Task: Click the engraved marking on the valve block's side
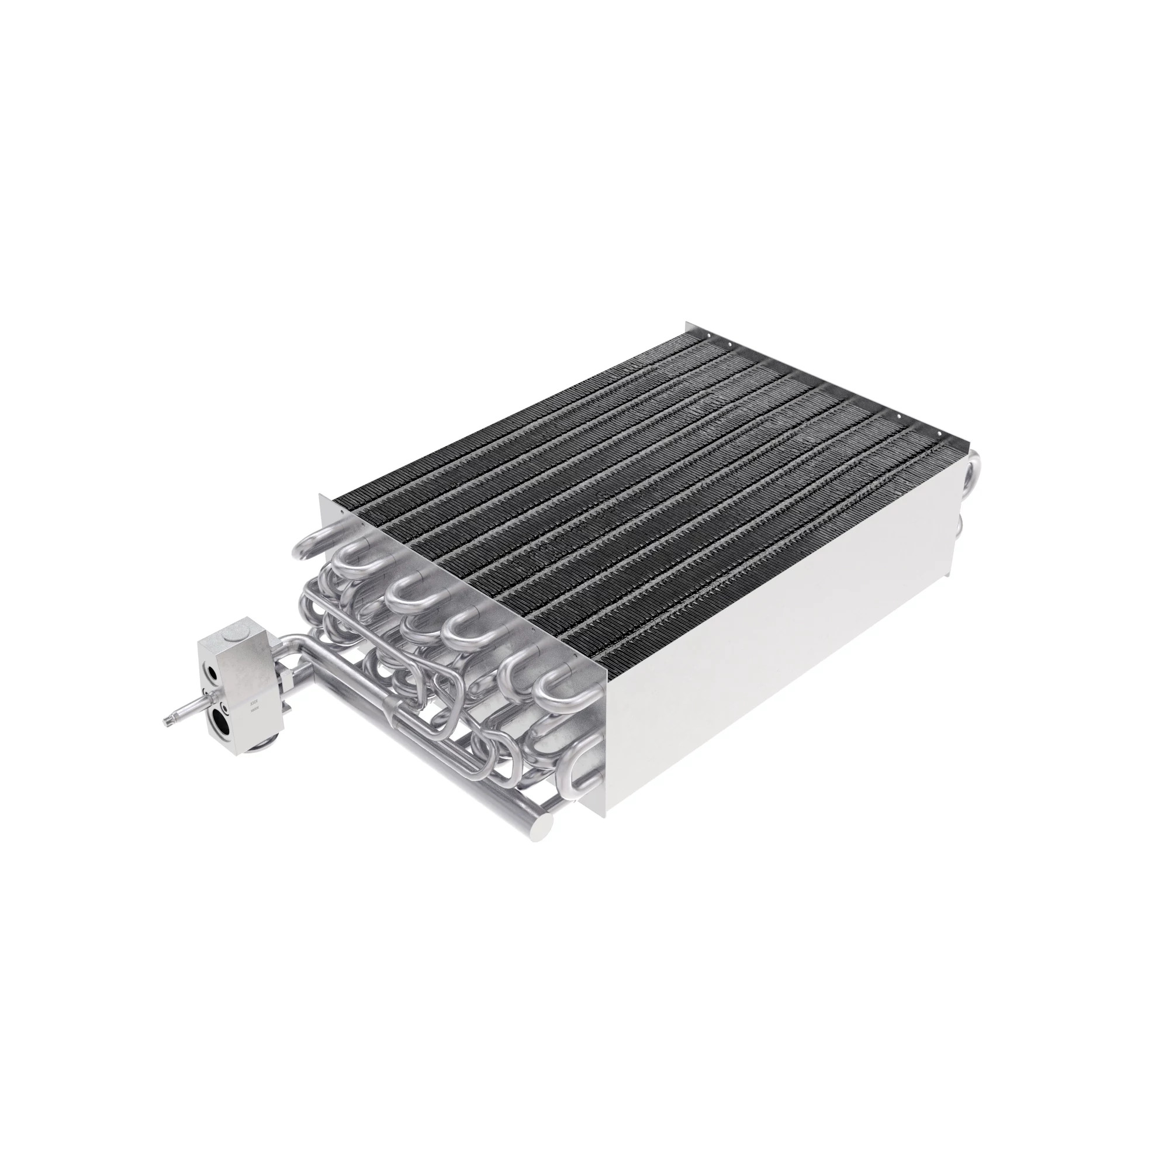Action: (x=255, y=708)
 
